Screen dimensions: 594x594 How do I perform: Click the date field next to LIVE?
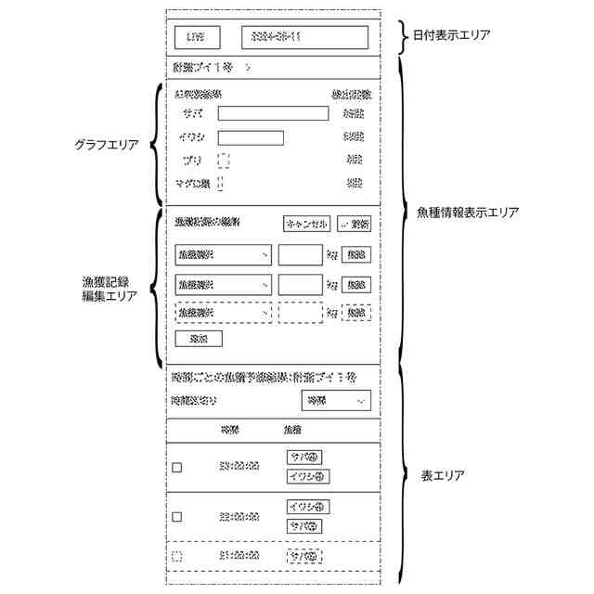pos(304,37)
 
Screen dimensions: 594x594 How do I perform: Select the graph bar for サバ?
pos(273,113)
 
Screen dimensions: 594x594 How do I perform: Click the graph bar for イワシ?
pos(251,137)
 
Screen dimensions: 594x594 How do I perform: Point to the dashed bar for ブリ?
pos(224,160)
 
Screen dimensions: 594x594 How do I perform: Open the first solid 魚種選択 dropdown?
pos(223,254)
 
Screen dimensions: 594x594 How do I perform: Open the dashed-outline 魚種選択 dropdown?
pos(223,313)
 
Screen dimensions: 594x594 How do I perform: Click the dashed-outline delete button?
pos(355,313)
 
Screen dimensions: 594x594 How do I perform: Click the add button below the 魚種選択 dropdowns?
pos(198,338)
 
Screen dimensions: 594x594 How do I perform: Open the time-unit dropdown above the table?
pos(335,400)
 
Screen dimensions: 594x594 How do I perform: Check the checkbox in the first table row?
pos(177,468)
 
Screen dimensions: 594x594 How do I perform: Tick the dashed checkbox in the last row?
pos(177,556)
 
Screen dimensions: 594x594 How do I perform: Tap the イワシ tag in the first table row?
pos(309,477)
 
